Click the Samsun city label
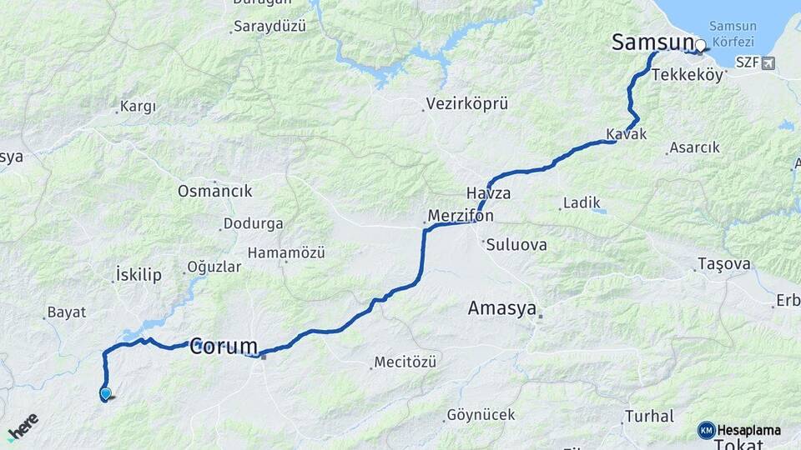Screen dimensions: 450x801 [x=652, y=42]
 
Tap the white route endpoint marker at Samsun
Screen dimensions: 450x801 [x=701, y=46]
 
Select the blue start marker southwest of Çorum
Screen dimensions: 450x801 [x=106, y=393]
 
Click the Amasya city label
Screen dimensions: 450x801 [x=501, y=308]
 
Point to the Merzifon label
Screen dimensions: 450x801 [x=461, y=216]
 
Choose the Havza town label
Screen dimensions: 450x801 [x=488, y=193]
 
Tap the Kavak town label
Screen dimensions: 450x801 [x=626, y=134]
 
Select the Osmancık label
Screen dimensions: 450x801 [x=214, y=191]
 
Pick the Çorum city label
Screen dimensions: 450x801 [x=223, y=347]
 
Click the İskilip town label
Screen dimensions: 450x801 [x=139, y=275]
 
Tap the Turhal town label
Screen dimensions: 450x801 [x=649, y=416]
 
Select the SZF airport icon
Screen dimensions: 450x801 [x=767, y=62]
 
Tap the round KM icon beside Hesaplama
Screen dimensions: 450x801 [x=706, y=430]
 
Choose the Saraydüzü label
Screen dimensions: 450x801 [x=270, y=26]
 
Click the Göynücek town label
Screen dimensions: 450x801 [x=481, y=414]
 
